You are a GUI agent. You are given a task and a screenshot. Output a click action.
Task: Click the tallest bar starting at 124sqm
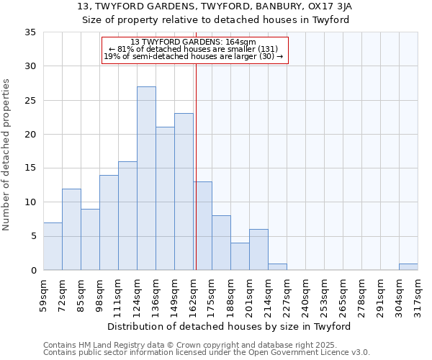point(146,179)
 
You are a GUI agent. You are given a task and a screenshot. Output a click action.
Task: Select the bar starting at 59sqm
point(53,246)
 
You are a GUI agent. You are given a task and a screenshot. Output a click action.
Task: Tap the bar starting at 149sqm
point(184,192)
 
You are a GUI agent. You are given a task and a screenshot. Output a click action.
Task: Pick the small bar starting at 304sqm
point(408,267)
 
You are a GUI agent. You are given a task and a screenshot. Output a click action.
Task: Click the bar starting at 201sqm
point(258,250)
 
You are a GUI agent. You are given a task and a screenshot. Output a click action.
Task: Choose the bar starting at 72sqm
point(71,230)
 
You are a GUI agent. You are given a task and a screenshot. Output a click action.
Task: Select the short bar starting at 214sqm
point(277,267)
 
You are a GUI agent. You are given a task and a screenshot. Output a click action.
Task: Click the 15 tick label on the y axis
point(30,168)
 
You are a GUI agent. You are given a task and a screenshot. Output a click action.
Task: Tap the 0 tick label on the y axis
point(33,271)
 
